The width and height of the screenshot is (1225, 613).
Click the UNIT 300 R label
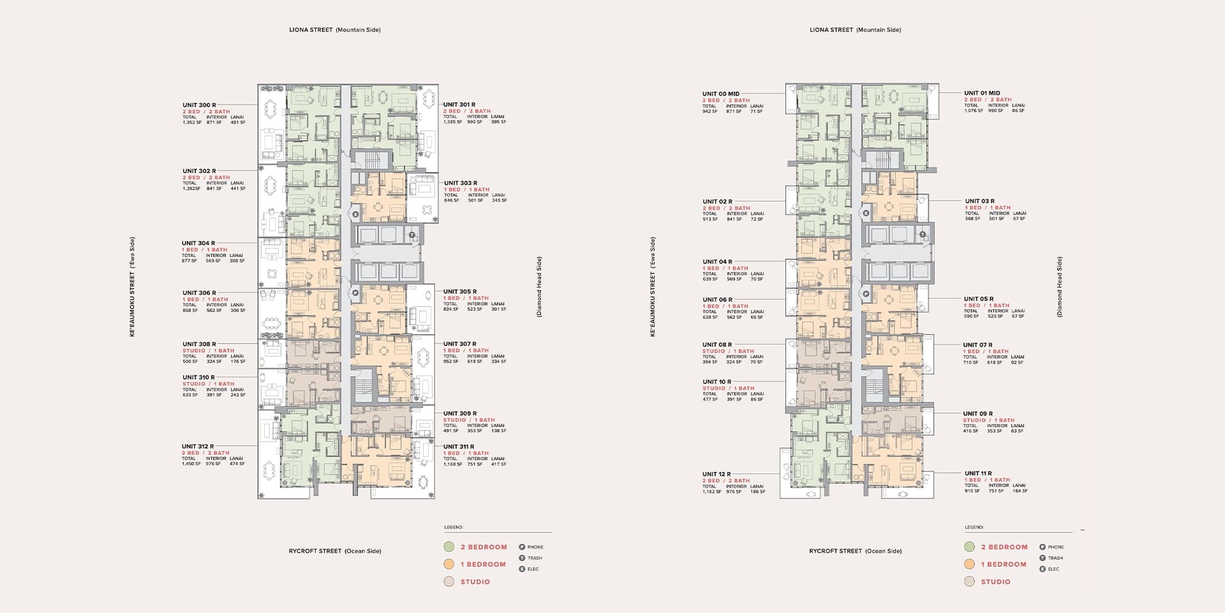tap(199, 105)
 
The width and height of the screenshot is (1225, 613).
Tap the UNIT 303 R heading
tap(460, 183)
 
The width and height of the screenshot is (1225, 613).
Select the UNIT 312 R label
tap(198, 446)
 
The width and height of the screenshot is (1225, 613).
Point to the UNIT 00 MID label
tap(721, 94)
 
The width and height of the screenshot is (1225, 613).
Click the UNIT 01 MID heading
tap(982, 93)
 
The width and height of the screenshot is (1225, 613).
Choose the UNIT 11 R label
tap(978, 473)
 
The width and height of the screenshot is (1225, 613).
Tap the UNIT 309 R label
tap(459, 413)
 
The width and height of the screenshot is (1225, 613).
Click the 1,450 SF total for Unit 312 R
tap(191, 464)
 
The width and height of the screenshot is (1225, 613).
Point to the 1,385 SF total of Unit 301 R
tap(452, 122)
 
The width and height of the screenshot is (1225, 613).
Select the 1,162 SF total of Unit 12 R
tap(711, 492)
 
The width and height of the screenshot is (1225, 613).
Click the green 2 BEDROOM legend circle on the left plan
tap(449, 547)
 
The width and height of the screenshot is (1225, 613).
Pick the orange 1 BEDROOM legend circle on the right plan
tap(970, 564)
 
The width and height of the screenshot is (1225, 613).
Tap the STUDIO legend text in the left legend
tap(475, 582)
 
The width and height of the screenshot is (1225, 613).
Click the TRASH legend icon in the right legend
tap(1043, 558)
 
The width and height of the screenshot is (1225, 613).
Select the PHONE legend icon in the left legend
tap(522, 547)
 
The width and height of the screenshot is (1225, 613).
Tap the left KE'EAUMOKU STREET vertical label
tap(132, 287)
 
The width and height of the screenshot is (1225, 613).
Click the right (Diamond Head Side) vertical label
tap(1060, 287)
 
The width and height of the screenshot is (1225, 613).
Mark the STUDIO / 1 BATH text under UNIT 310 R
tap(208, 384)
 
